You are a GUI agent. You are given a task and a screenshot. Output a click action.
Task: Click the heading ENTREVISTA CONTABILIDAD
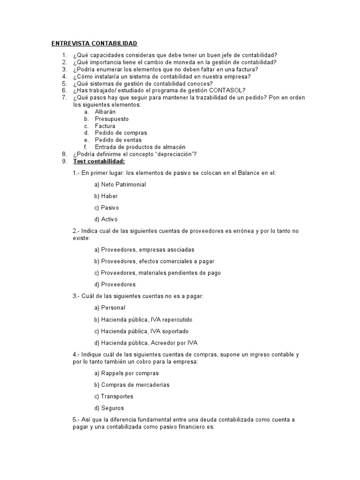pos(94,44)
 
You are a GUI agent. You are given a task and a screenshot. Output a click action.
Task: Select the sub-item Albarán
pos(105,112)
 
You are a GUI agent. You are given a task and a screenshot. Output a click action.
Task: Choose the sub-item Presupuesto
pos(112,119)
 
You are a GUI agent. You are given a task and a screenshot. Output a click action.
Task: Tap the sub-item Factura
pos(105,126)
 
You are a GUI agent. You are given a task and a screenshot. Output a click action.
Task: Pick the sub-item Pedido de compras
pos(121,133)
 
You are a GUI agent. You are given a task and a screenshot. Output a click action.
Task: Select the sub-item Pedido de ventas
pos(118,140)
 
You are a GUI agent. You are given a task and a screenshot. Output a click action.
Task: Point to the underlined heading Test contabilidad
pos(99,161)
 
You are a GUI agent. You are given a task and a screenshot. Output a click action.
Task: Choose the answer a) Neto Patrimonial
pos(120,185)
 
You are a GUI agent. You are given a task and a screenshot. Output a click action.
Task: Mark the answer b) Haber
pos(106,196)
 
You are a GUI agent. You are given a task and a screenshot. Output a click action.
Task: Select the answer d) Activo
pos(106,219)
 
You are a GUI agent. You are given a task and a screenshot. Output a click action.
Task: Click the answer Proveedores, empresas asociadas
pos(144,250)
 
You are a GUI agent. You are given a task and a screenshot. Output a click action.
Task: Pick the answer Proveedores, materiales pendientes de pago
pos(157,273)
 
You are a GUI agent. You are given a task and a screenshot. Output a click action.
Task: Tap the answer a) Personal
pos(110,308)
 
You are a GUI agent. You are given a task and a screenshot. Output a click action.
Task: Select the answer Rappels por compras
pos(127,374)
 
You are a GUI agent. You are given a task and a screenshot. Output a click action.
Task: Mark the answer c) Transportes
pos(113,397)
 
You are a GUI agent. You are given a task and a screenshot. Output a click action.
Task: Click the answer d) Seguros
pos(109,408)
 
